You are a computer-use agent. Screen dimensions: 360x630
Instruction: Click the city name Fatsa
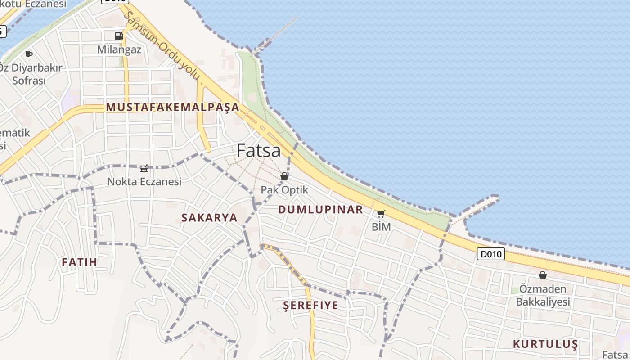tap(259, 150)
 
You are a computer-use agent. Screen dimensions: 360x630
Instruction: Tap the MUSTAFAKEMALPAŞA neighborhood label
tap(173, 107)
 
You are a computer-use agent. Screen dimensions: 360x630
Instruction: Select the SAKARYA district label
tap(209, 217)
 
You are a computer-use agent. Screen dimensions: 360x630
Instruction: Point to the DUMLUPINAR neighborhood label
tap(320, 209)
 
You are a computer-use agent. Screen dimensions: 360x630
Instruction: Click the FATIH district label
tap(79, 262)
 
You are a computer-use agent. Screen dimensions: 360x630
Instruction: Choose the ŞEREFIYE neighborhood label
tap(310, 305)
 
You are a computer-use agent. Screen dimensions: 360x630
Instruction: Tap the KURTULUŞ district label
tap(545, 344)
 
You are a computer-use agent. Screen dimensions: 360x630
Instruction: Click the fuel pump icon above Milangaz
tap(119, 36)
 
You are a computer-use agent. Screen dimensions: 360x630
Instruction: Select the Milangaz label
tap(119, 49)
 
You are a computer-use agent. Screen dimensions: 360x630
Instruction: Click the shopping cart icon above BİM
tap(381, 214)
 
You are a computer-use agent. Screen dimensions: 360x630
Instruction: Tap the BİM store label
tap(381, 227)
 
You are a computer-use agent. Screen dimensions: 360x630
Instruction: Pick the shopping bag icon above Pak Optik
tap(284, 176)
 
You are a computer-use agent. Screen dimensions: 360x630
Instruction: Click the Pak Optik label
tap(284, 190)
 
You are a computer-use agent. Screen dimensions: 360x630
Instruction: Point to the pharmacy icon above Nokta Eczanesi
tap(144, 169)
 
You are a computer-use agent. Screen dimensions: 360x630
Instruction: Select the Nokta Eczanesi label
tap(144, 182)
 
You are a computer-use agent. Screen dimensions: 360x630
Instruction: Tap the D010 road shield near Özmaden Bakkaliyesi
tap(490, 254)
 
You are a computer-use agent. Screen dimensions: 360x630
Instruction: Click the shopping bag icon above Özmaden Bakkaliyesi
tap(543, 275)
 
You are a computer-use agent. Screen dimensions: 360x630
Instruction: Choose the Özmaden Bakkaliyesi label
tap(543, 295)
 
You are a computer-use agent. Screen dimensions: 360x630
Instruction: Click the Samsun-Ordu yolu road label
tap(162, 45)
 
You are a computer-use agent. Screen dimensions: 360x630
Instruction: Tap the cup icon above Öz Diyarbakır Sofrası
tap(29, 54)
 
